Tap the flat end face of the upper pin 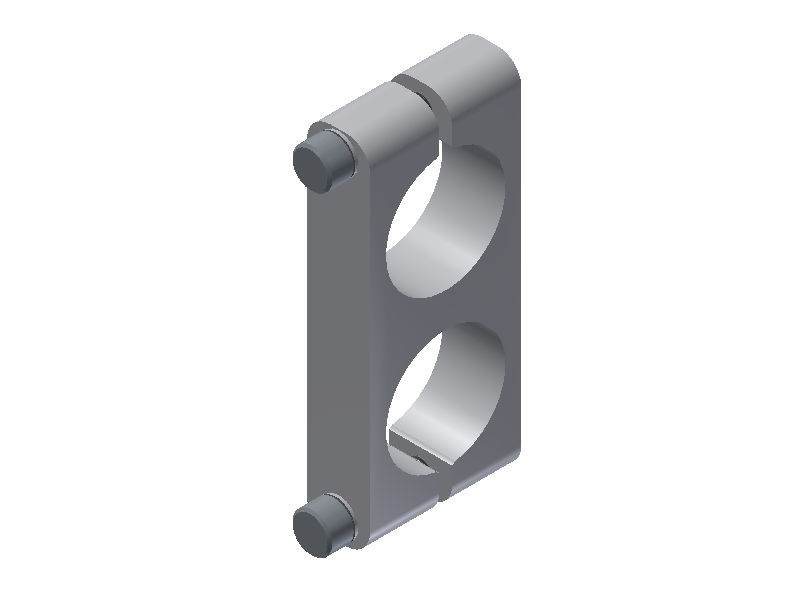coord(313,166)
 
